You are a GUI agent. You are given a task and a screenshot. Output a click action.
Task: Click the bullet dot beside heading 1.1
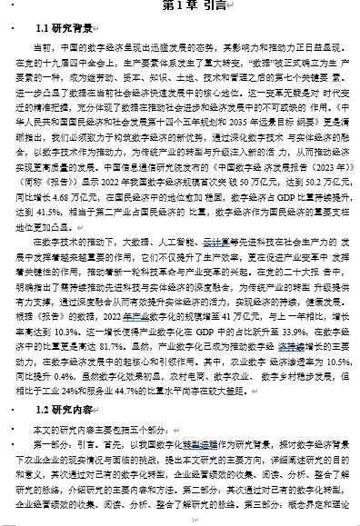click(x=9, y=27)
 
